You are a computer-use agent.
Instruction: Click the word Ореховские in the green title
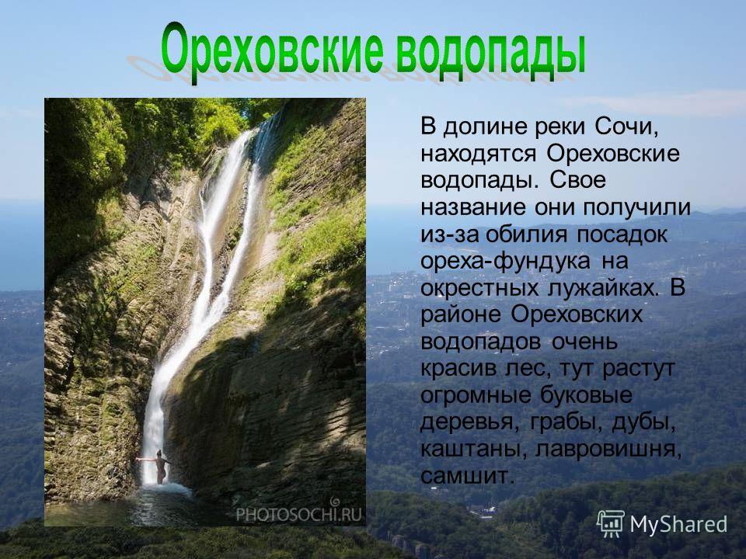(x=272, y=52)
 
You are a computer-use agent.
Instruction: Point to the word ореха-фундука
(x=505, y=262)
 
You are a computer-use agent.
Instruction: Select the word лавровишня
(x=608, y=450)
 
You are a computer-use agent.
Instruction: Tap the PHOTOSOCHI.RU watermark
(x=298, y=512)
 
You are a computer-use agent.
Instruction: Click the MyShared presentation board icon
(x=611, y=523)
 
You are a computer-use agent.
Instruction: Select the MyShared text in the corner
(x=678, y=524)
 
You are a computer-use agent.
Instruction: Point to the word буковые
(x=586, y=395)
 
